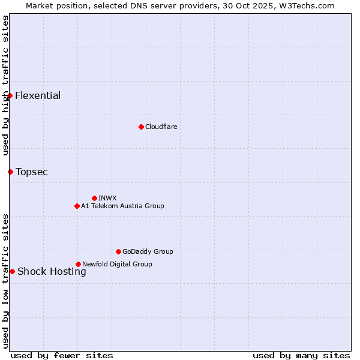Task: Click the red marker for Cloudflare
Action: pyautogui.click(x=141, y=127)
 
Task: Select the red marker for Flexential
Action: pyautogui.click(x=10, y=95)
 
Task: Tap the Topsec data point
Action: pyautogui.click(x=10, y=172)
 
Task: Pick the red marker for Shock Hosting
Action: pyautogui.click(x=12, y=271)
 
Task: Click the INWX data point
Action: pyautogui.click(x=94, y=198)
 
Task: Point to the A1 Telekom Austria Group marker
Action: pyautogui.click(x=77, y=206)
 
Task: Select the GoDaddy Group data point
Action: pyautogui.click(x=118, y=251)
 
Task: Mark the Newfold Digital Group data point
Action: pyautogui.click(x=78, y=264)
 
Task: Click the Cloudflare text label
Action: pyautogui.click(x=161, y=127)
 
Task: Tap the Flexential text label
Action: pyautogui.click(x=38, y=95)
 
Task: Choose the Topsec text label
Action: pyautogui.click(x=32, y=172)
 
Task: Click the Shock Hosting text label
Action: pyautogui.click(x=52, y=271)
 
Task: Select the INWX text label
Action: pyautogui.click(x=107, y=198)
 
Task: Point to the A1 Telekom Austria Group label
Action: pyautogui.click(x=122, y=206)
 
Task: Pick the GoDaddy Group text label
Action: pyautogui.click(x=148, y=251)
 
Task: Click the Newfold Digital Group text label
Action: pyautogui.click(x=117, y=264)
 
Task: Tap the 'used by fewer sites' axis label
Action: pyautogui.click(x=62, y=355)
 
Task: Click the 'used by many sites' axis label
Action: pyautogui.click(x=301, y=355)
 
